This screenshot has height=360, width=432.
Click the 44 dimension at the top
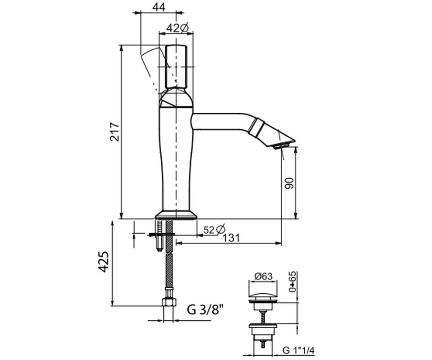[x=159, y=8]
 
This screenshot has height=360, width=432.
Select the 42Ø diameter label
[x=177, y=28]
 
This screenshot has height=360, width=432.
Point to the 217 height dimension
[x=114, y=132]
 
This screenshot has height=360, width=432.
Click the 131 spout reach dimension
[x=231, y=238]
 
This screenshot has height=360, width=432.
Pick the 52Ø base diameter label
[x=214, y=230]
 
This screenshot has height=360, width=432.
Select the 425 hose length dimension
[x=103, y=262]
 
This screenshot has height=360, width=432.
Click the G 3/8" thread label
[x=206, y=310]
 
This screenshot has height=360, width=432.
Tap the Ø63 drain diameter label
[x=263, y=276]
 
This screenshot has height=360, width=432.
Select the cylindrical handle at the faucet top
[x=176, y=67]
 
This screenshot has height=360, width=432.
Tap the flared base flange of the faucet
[x=176, y=215]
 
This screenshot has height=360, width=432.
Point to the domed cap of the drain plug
[x=263, y=297]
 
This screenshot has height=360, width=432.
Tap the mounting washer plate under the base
[x=162, y=234]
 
